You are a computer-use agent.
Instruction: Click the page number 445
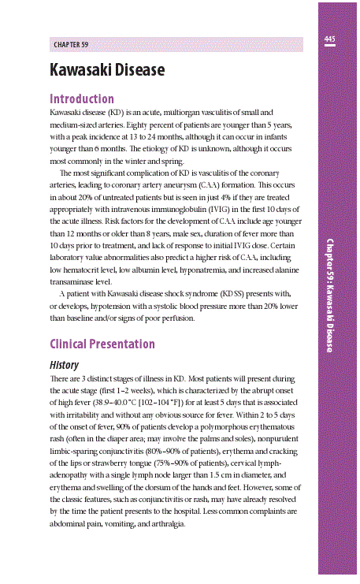(x=330, y=39)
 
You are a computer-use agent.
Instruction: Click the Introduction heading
(x=81, y=99)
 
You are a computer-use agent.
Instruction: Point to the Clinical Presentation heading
(x=102, y=344)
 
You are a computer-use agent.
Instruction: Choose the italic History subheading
(x=64, y=366)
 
